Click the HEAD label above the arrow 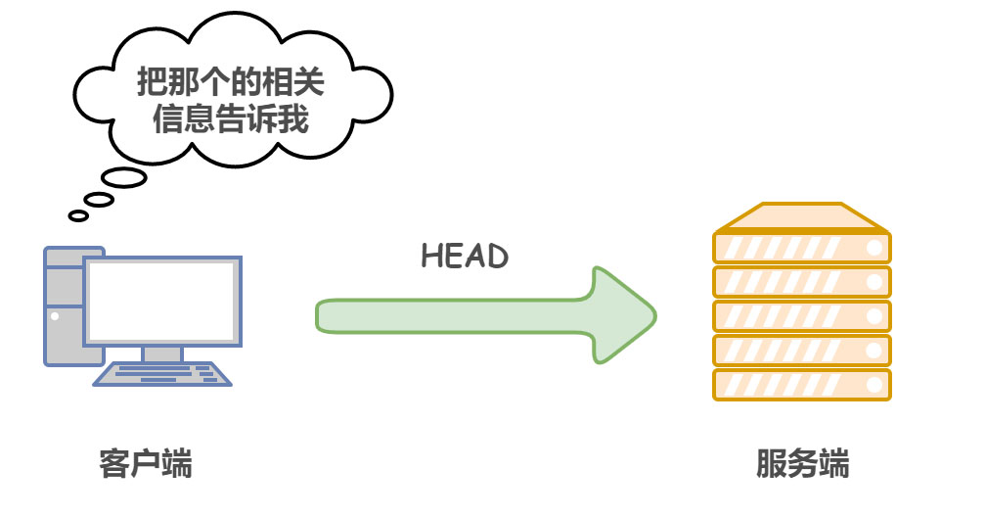point(465,257)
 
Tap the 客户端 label point(146,463)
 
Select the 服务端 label point(802,463)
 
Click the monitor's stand point(161,353)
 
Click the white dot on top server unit point(874,248)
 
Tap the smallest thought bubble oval point(78,215)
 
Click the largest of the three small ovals point(125,178)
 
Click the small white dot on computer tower point(55,316)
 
